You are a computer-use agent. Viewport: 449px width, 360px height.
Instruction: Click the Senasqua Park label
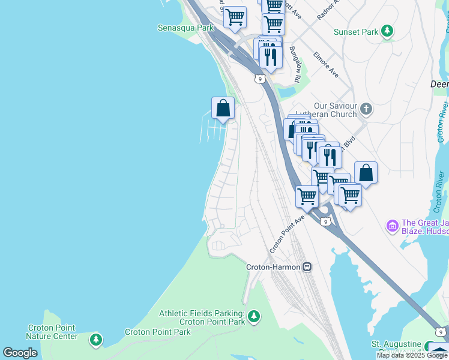tap(185, 28)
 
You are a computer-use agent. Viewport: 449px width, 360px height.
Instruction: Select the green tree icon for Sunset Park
tap(388, 31)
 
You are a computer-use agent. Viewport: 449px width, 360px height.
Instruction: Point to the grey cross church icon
tap(366, 109)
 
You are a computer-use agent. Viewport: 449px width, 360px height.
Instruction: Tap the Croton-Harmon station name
tap(273, 266)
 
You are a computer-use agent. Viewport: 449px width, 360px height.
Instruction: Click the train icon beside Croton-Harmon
tap(307, 266)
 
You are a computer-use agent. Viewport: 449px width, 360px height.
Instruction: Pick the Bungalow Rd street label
tap(294, 64)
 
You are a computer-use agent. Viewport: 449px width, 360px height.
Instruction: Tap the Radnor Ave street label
tap(328, 10)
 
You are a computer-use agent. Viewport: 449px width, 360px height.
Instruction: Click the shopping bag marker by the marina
tap(223, 109)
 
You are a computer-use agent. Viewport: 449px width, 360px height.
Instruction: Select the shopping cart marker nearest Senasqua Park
tap(234, 17)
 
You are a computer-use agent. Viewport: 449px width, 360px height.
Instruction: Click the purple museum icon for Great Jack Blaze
tap(393, 226)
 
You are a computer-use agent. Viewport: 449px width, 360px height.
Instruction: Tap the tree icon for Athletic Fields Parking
tap(254, 316)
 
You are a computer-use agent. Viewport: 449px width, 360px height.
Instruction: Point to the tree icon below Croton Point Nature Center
tap(95, 340)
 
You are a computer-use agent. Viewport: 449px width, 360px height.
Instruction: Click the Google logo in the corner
tap(20, 353)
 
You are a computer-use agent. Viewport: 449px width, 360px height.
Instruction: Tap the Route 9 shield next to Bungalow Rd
tap(259, 79)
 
